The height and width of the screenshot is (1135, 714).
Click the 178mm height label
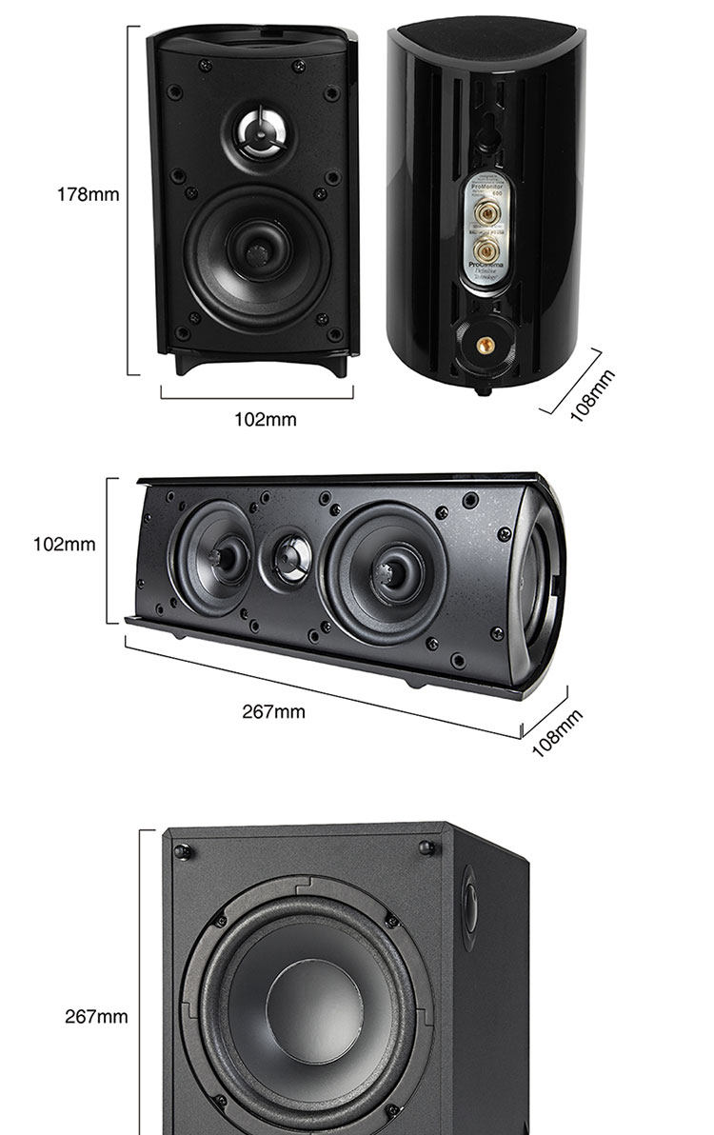88,194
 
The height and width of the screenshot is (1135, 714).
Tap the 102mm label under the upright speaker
266,419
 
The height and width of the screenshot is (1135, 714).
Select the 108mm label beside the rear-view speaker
592,395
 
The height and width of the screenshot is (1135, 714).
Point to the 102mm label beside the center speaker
64,545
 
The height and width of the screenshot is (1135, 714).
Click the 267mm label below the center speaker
273,711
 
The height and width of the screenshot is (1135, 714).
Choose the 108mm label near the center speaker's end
557,733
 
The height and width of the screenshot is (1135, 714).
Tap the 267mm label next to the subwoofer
96,1017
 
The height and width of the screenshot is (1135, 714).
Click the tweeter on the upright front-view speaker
258,131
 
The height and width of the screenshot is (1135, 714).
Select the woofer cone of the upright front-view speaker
257,251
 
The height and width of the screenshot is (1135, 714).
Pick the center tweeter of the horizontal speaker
291,555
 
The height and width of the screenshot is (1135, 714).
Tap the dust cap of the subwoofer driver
313,1010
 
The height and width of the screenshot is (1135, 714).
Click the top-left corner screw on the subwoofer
183,850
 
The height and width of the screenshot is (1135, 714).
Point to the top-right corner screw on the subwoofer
426,846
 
